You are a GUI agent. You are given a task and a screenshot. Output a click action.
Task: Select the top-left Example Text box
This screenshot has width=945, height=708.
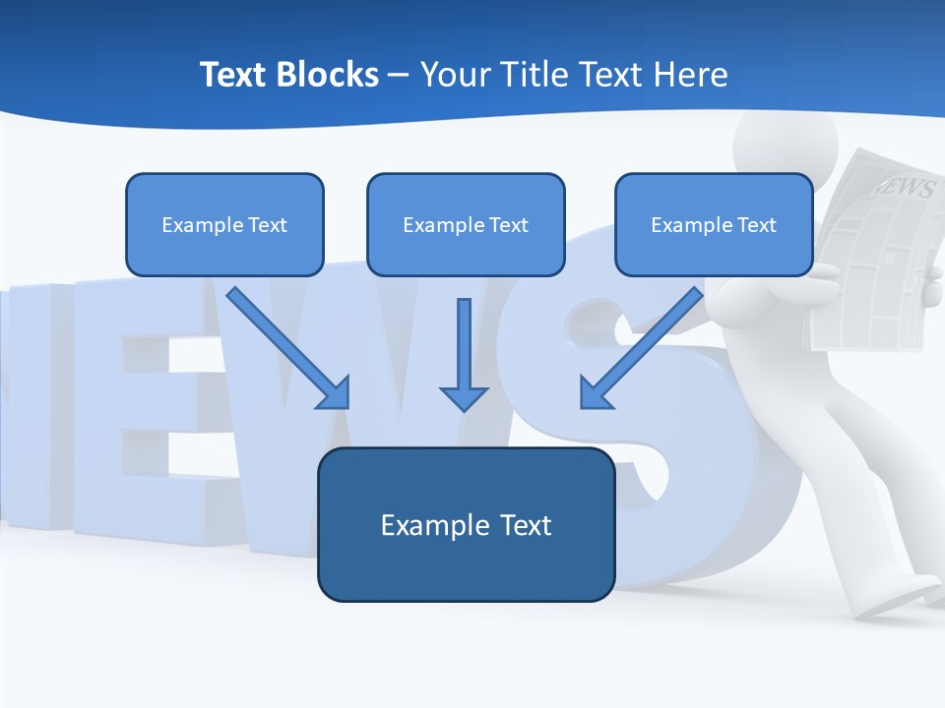coord(224,224)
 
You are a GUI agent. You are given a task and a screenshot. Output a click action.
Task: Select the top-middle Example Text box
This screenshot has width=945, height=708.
coord(466,224)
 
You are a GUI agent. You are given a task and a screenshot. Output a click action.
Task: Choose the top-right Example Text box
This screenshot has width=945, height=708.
coord(714,224)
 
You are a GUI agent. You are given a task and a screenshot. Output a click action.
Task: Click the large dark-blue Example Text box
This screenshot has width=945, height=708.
coord(466,524)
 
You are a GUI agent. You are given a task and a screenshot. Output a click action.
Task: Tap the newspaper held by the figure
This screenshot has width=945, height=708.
coord(876,256)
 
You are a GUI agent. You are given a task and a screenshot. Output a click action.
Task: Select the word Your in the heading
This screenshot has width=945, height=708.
coord(454,75)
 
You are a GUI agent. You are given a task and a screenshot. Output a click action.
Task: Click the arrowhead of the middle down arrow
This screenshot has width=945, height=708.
coord(464,397)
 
